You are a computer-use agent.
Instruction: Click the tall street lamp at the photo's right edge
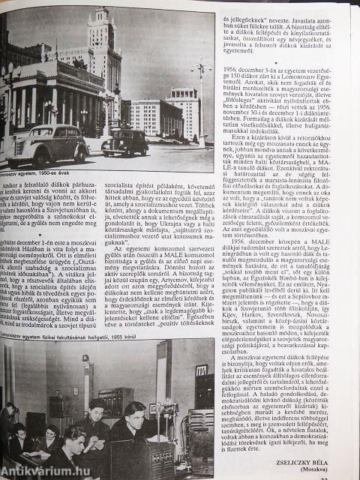(x=201, y=105)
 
